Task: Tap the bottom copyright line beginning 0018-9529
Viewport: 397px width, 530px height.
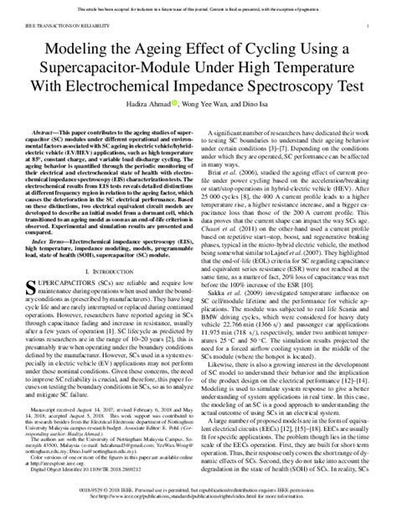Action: [x=198, y=507]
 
